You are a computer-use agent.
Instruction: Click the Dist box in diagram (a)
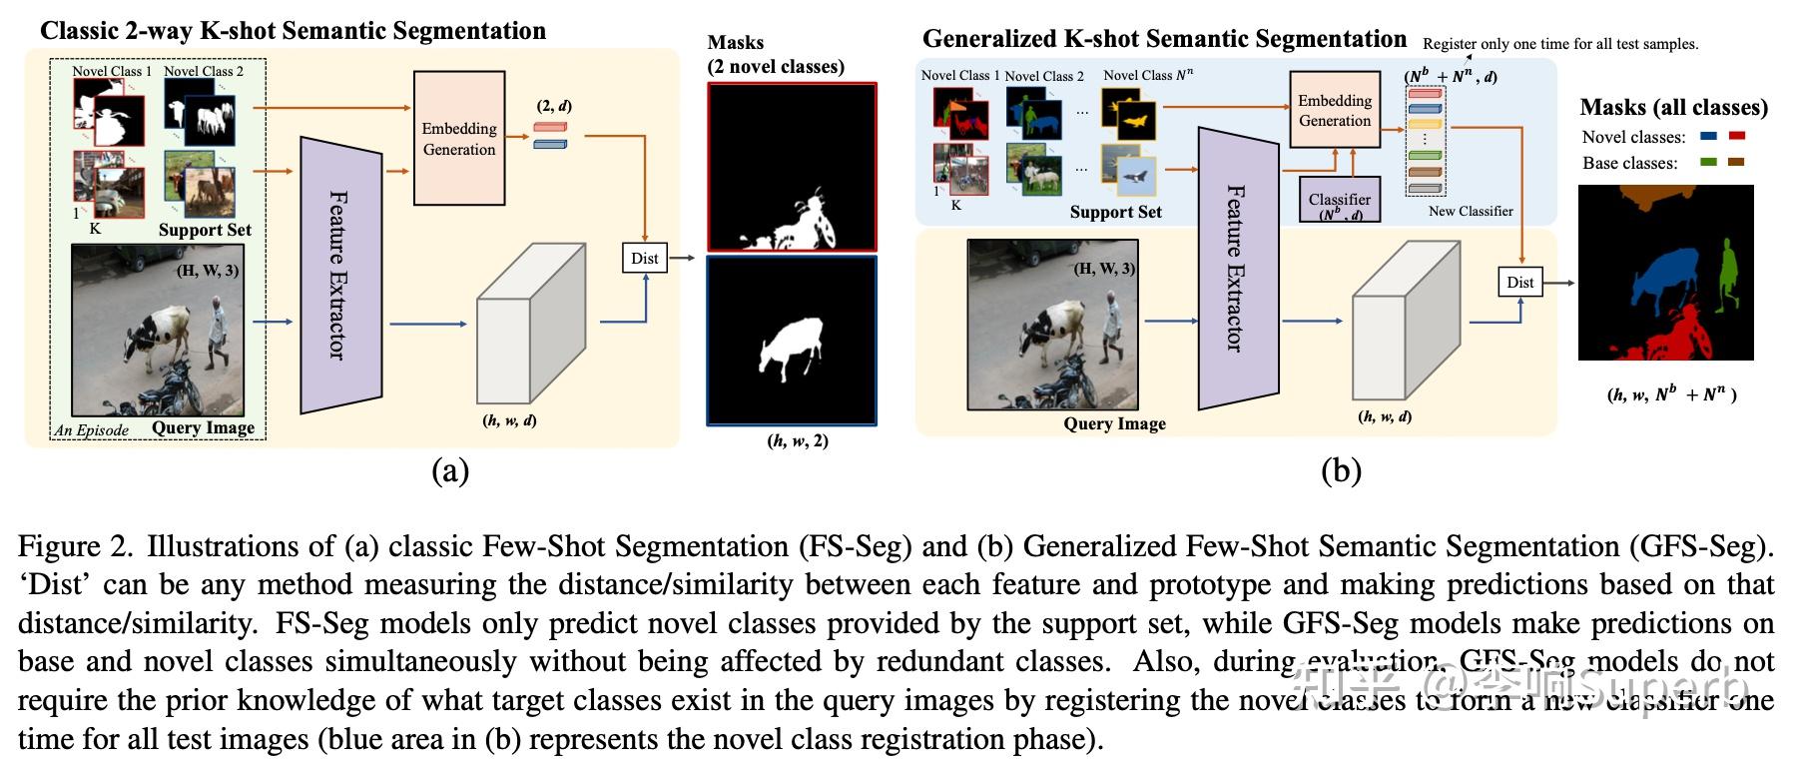tap(644, 258)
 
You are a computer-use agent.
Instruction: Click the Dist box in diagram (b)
tap(1519, 283)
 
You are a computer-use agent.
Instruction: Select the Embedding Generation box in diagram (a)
tap(458, 139)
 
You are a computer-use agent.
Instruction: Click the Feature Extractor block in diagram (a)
tap(340, 275)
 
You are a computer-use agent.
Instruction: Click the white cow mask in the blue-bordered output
tap(790, 346)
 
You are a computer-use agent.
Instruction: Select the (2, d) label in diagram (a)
tap(554, 106)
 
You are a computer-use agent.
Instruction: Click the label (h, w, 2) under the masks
tap(798, 440)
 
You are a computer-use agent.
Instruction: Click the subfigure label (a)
tap(449, 471)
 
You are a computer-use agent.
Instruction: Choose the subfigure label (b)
tap(1340, 471)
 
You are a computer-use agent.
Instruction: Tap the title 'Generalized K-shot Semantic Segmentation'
tap(1163, 39)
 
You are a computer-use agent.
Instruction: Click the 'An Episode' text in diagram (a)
tap(92, 430)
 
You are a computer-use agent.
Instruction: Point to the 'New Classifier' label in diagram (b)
tap(1470, 212)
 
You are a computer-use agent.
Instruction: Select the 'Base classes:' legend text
tap(1629, 163)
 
